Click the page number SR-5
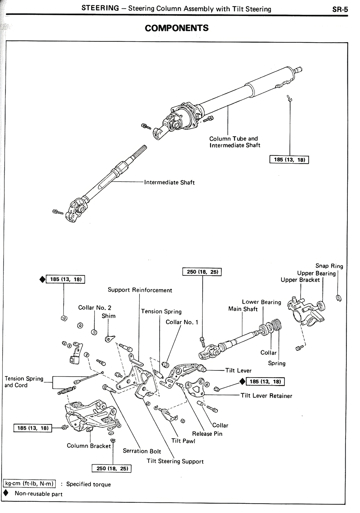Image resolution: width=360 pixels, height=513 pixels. tap(340, 10)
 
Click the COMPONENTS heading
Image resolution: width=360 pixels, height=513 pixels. tap(177, 28)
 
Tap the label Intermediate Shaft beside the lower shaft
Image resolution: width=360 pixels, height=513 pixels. tap(169, 182)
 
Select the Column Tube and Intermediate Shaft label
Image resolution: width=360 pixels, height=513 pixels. tap(235, 142)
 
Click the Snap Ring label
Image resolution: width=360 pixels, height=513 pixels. tap(329, 266)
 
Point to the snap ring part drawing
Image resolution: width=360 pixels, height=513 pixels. tap(339, 298)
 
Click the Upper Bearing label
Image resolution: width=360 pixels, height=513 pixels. tap(316, 273)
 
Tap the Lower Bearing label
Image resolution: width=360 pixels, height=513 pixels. tap(261, 302)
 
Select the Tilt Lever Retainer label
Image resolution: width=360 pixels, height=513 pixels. tap(266, 396)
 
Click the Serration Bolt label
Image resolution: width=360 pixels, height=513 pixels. tap(142, 451)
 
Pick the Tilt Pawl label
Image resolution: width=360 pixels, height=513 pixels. tap(183, 441)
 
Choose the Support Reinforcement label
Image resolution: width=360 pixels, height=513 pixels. tap(140, 290)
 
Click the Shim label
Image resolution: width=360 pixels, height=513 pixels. tap(109, 316)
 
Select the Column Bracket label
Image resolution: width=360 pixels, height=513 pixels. tap(89, 446)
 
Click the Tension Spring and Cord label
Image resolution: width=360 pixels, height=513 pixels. tap(24, 382)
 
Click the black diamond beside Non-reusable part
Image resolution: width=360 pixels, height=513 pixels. tap(5, 494)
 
